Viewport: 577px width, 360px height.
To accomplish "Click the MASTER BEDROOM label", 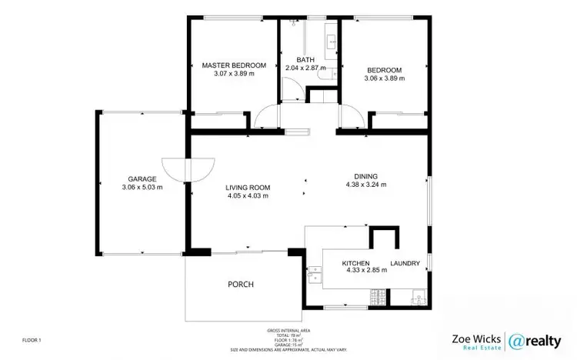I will point(234,65).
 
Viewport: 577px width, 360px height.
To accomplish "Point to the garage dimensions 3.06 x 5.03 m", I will point(142,187).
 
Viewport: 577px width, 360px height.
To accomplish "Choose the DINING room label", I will point(366,175).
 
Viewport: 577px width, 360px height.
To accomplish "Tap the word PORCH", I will point(241,284).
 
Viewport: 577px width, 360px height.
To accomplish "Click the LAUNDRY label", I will point(405,264).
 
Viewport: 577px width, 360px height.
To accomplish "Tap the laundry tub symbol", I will point(417,295).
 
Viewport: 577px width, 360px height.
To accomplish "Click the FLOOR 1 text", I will point(31,339).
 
